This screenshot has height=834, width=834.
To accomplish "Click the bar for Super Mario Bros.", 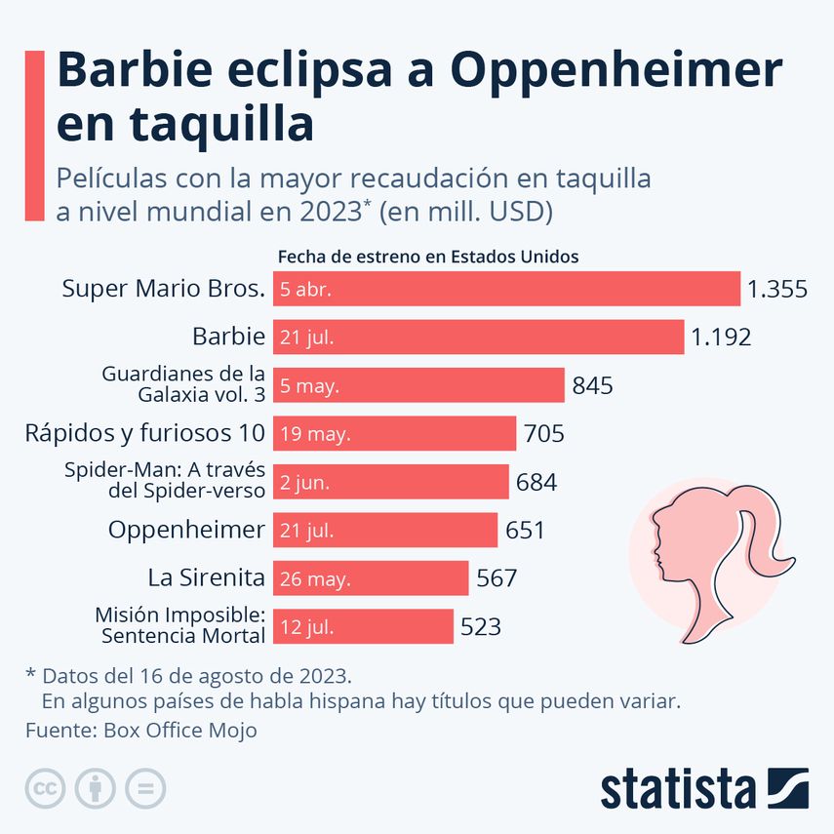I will click(x=507, y=289).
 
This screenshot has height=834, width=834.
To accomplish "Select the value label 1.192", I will click(x=721, y=338).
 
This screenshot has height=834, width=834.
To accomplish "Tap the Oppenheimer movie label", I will click(x=186, y=530).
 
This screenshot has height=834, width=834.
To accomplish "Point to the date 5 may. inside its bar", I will click(x=309, y=385).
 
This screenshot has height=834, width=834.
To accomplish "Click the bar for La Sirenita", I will click(x=371, y=578).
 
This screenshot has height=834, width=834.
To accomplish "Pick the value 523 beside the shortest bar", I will click(x=481, y=626).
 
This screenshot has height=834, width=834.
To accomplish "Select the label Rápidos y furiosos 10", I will click(x=144, y=433).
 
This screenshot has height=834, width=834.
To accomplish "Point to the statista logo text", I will click(x=678, y=788).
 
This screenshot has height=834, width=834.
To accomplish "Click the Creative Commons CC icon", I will click(x=44, y=788).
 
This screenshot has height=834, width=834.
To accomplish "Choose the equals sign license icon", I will click(x=145, y=788).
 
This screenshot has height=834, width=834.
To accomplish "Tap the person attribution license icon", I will click(x=95, y=788).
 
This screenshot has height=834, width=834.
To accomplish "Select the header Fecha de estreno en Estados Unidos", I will click(x=429, y=257).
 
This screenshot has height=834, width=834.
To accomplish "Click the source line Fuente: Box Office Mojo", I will click(x=141, y=730).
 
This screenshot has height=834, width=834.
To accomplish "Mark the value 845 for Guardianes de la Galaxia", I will click(x=592, y=385).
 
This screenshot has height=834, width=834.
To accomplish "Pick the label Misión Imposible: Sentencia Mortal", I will click(x=179, y=626).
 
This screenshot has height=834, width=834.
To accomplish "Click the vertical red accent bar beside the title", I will click(x=34, y=137).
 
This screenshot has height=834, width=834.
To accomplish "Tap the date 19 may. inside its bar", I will click(x=315, y=433).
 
